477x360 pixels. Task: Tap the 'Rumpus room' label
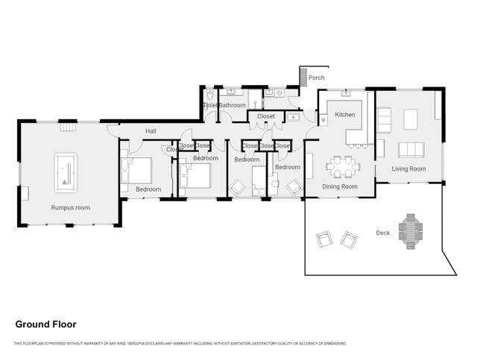click(x=70, y=207)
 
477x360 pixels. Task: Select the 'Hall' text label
click(x=151, y=131)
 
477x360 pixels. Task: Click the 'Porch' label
click(x=316, y=78)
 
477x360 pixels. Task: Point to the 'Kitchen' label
click(x=344, y=115)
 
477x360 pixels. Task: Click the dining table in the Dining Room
click(x=344, y=164)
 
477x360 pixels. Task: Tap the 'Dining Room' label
click(x=339, y=186)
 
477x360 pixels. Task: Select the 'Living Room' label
click(x=408, y=169)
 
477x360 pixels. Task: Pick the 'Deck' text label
click(x=382, y=233)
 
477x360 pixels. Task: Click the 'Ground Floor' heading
click(x=45, y=324)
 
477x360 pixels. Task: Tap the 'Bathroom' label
click(x=232, y=106)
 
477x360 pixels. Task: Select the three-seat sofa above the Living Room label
click(x=411, y=149)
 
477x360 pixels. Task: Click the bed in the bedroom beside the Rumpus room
click(x=136, y=171)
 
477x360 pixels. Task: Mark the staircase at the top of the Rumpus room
click(x=68, y=127)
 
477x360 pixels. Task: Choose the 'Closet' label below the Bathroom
click(x=265, y=116)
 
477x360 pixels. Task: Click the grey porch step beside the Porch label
click(x=303, y=77)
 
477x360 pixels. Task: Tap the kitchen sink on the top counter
click(x=347, y=95)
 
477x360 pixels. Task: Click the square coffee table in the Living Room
click(x=411, y=119)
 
